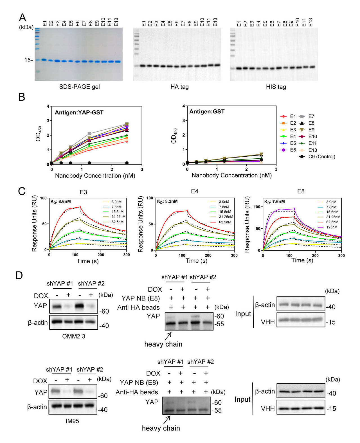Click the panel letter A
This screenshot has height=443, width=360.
point(22,17)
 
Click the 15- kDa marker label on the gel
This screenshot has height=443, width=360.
point(28,60)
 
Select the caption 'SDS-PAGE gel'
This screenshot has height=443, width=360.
point(79,87)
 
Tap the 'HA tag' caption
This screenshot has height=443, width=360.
point(179,87)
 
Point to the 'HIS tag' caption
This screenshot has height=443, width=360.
point(276,87)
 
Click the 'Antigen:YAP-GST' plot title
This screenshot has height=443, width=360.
point(79,113)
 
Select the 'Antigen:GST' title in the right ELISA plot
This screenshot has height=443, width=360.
point(207,112)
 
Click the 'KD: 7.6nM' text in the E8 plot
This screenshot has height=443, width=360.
point(274,202)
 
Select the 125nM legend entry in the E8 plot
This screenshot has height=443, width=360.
point(332,227)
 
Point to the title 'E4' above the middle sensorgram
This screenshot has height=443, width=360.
point(195,191)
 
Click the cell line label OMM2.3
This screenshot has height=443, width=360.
point(74,336)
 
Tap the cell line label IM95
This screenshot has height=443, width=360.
point(72,421)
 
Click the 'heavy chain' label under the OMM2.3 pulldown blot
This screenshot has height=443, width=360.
point(163,344)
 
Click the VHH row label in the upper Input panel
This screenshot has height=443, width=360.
point(267,322)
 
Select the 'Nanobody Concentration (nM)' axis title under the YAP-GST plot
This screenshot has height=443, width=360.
point(95,176)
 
